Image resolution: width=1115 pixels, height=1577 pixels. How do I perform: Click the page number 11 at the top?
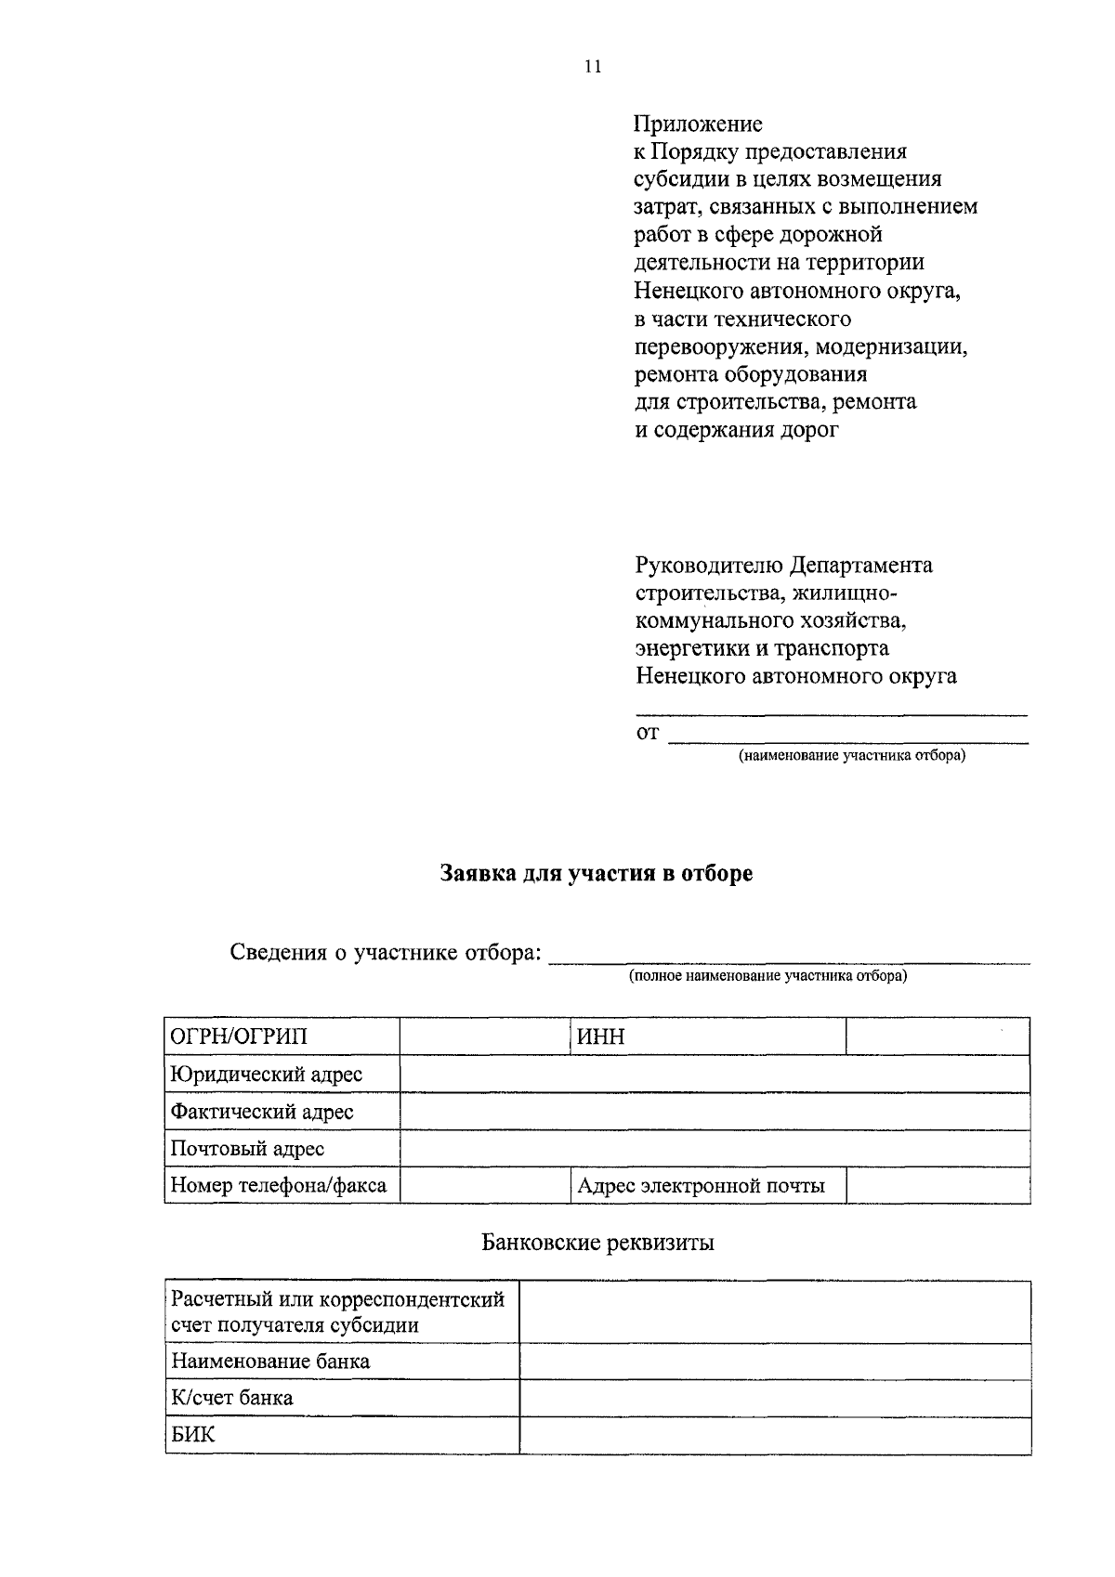[x=593, y=66]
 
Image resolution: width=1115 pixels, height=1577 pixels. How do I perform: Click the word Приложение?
[x=698, y=124]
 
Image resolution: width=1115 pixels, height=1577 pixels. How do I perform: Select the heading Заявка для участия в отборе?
[x=596, y=874]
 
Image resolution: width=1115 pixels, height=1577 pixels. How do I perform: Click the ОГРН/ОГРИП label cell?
[x=282, y=1036]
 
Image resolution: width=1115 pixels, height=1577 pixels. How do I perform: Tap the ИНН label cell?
[x=707, y=1036]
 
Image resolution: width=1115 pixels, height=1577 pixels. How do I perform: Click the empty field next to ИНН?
[x=938, y=1036]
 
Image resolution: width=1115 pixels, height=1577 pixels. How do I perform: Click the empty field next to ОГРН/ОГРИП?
[x=484, y=1036]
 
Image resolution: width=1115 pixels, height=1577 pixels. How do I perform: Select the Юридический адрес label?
[x=266, y=1075]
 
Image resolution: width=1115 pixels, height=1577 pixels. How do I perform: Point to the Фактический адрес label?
[x=262, y=1112]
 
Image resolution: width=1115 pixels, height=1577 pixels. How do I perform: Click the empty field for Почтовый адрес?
[x=715, y=1149]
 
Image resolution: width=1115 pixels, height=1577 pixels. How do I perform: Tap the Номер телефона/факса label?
[x=278, y=1186]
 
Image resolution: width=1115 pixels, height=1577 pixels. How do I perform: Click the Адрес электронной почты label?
[x=701, y=1186]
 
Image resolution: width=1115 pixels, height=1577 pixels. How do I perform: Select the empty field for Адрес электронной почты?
[x=938, y=1186]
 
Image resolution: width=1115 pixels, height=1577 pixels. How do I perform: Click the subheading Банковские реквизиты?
[x=597, y=1243]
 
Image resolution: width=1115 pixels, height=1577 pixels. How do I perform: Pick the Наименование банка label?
[x=269, y=1362]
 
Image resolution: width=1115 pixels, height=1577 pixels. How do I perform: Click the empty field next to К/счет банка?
[x=775, y=1398]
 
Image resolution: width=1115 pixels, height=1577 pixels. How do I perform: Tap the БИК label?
[x=192, y=1435]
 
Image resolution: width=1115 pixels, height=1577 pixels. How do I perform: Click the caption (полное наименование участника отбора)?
[x=767, y=976]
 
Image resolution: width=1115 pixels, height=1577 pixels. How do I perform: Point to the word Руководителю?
[x=709, y=566]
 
